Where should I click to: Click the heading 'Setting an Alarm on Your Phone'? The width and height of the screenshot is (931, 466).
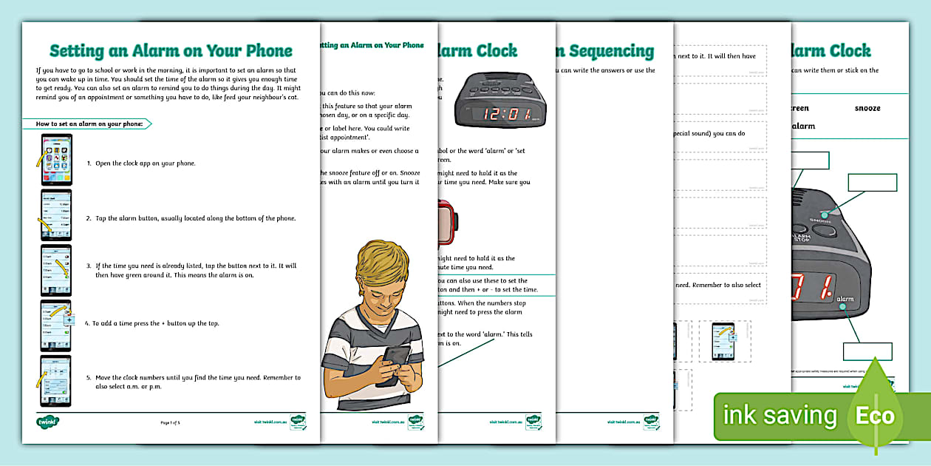point(171,51)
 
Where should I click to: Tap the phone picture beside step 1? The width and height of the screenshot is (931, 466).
point(56,160)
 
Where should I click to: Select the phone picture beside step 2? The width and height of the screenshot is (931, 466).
point(56,215)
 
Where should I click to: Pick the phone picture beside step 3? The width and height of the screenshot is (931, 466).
point(56,270)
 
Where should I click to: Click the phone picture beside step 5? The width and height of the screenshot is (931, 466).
point(56,380)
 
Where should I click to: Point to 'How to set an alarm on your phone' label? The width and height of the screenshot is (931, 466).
point(89,124)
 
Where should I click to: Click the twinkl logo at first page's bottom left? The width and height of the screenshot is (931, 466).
point(48,422)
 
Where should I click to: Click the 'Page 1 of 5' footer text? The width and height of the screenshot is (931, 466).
point(171,422)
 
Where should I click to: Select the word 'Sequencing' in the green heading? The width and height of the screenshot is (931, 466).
point(610,51)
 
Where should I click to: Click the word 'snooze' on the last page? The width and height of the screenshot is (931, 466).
point(867,108)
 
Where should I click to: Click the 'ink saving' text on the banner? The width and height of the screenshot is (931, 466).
point(780,416)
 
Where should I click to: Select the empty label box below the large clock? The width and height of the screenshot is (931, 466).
point(867,351)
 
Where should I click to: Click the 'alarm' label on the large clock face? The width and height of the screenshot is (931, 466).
point(845,300)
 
